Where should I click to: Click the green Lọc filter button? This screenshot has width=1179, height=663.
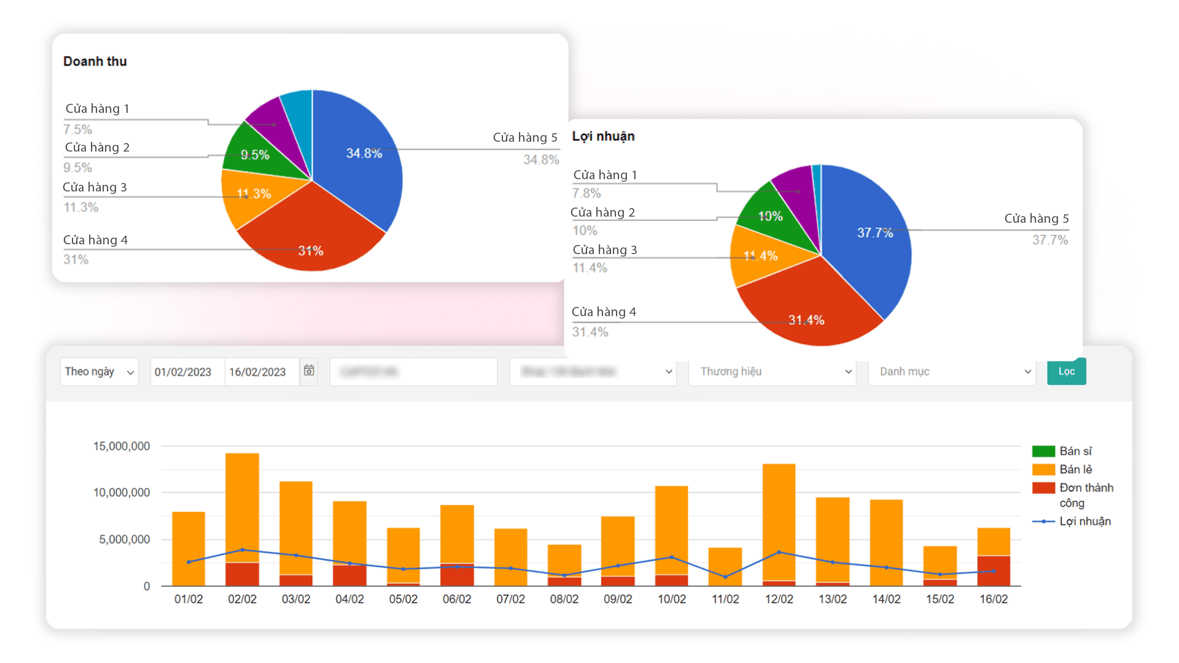click(x=1066, y=371)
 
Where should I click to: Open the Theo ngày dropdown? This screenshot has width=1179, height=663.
click(x=99, y=372)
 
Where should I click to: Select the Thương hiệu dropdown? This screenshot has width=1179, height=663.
click(x=772, y=372)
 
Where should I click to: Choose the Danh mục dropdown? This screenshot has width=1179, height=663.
click(x=952, y=372)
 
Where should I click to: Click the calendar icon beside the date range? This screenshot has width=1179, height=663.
click(x=309, y=371)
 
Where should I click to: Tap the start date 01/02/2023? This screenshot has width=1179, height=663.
click(x=183, y=372)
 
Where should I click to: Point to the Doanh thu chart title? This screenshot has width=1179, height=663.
click(x=95, y=61)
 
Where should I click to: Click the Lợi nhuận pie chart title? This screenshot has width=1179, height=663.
click(x=603, y=136)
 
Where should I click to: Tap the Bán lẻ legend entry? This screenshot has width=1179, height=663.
click(x=1075, y=470)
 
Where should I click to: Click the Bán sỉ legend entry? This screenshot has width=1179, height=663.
click(x=1075, y=451)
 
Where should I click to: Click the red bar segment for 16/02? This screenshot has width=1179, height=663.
click(x=994, y=571)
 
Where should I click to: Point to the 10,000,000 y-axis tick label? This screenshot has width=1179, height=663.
click(x=122, y=492)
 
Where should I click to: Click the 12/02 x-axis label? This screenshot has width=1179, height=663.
click(x=779, y=599)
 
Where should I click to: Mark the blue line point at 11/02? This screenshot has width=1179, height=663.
click(x=725, y=577)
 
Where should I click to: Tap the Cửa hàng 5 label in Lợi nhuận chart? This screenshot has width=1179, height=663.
click(x=1036, y=219)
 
